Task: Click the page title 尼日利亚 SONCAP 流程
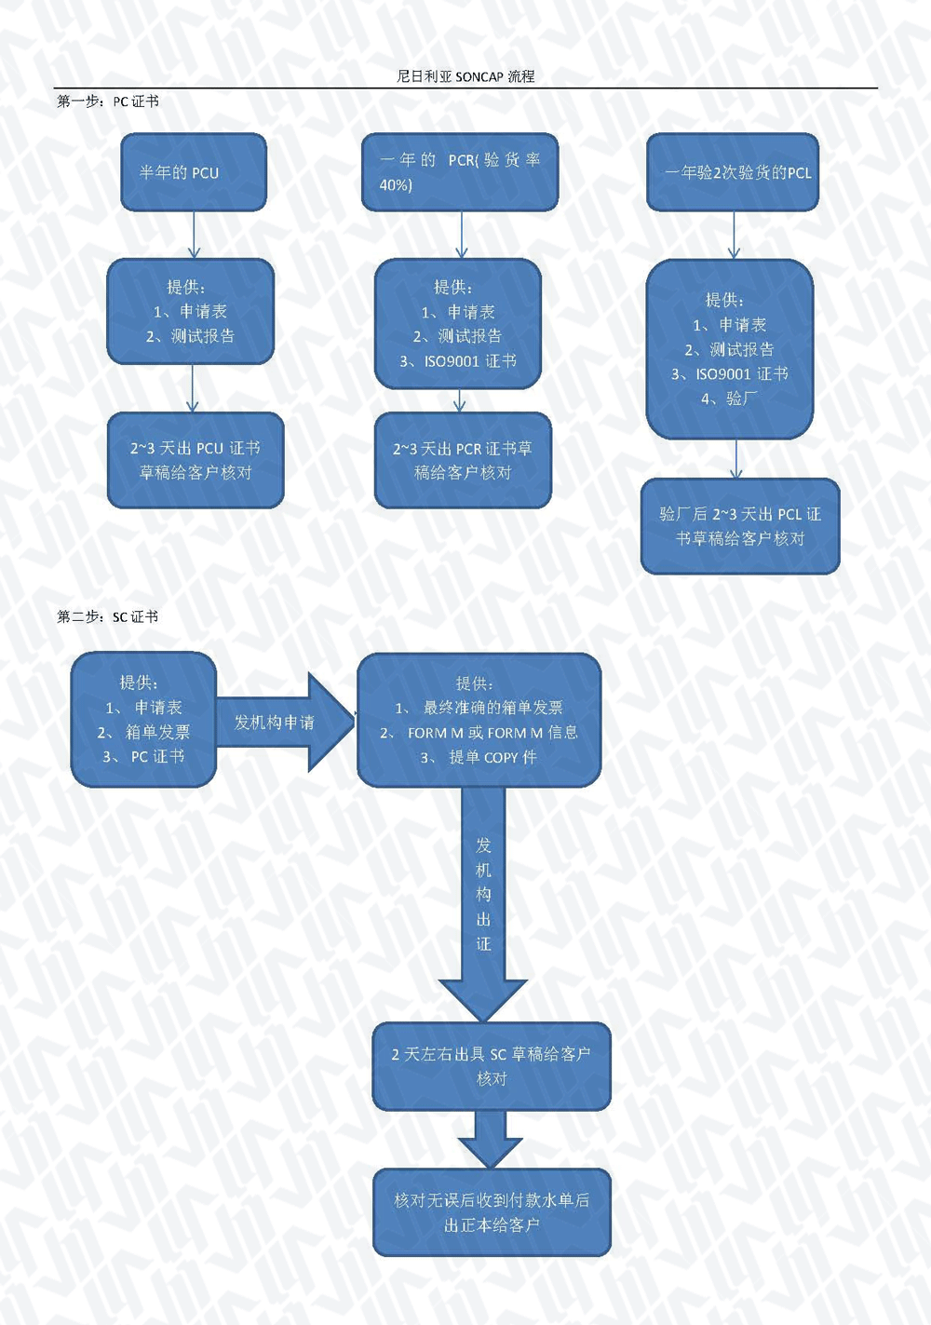(x=465, y=76)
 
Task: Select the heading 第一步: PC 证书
(x=107, y=101)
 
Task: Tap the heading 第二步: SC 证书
(x=107, y=616)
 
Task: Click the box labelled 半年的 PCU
(x=194, y=172)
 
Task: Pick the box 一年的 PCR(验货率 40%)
(x=460, y=172)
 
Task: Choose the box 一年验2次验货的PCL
(x=733, y=172)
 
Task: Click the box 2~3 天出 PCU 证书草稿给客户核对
(x=196, y=460)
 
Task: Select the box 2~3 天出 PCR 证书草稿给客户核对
(x=463, y=460)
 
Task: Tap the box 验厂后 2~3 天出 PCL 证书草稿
(x=740, y=526)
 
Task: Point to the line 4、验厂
(x=729, y=399)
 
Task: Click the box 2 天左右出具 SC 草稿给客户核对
(x=492, y=1066)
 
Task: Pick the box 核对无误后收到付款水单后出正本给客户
(x=492, y=1212)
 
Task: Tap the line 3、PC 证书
(x=144, y=757)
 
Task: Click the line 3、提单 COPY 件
(x=479, y=757)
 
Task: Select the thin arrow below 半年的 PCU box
(x=194, y=235)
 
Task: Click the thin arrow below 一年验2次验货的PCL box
(x=734, y=235)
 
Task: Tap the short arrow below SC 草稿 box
(x=491, y=1139)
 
